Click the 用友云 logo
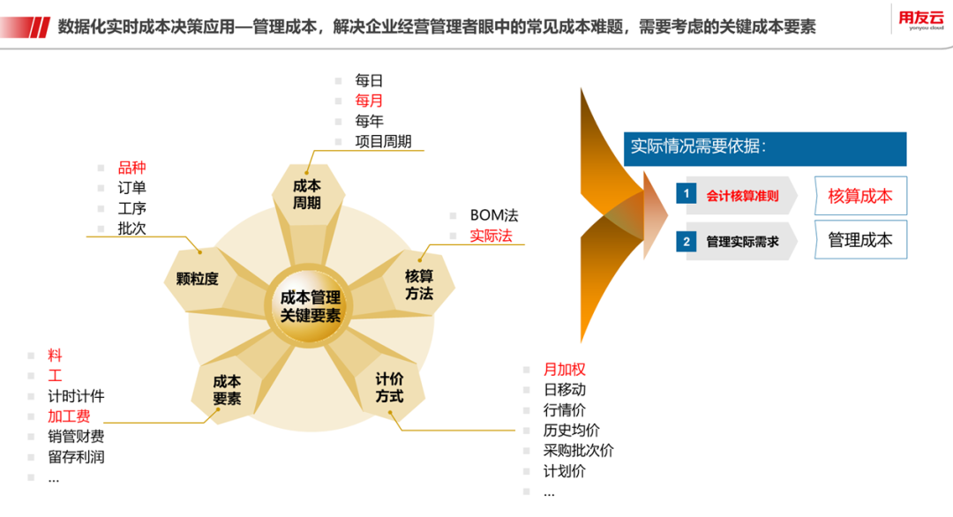pos(920,19)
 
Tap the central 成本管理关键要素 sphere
pos(310,305)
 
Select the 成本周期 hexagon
pos(308,194)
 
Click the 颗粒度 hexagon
pos(198,279)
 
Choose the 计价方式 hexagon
pos(390,387)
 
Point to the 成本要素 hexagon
pos(228,390)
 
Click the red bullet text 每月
pos(369,101)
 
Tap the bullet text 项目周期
pos(384,141)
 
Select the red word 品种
pos(131,168)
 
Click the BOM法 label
pos(494,215)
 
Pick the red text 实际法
pos(492,236)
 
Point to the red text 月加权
pos(565,370)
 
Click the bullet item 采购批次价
pos(579,451)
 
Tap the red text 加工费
pos(70,416)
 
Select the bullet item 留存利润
pos(76,457)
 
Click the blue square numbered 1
pos(687,194)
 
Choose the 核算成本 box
pos(860,196)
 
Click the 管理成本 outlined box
pos(860,240)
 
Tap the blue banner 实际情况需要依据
pos(765,149)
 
